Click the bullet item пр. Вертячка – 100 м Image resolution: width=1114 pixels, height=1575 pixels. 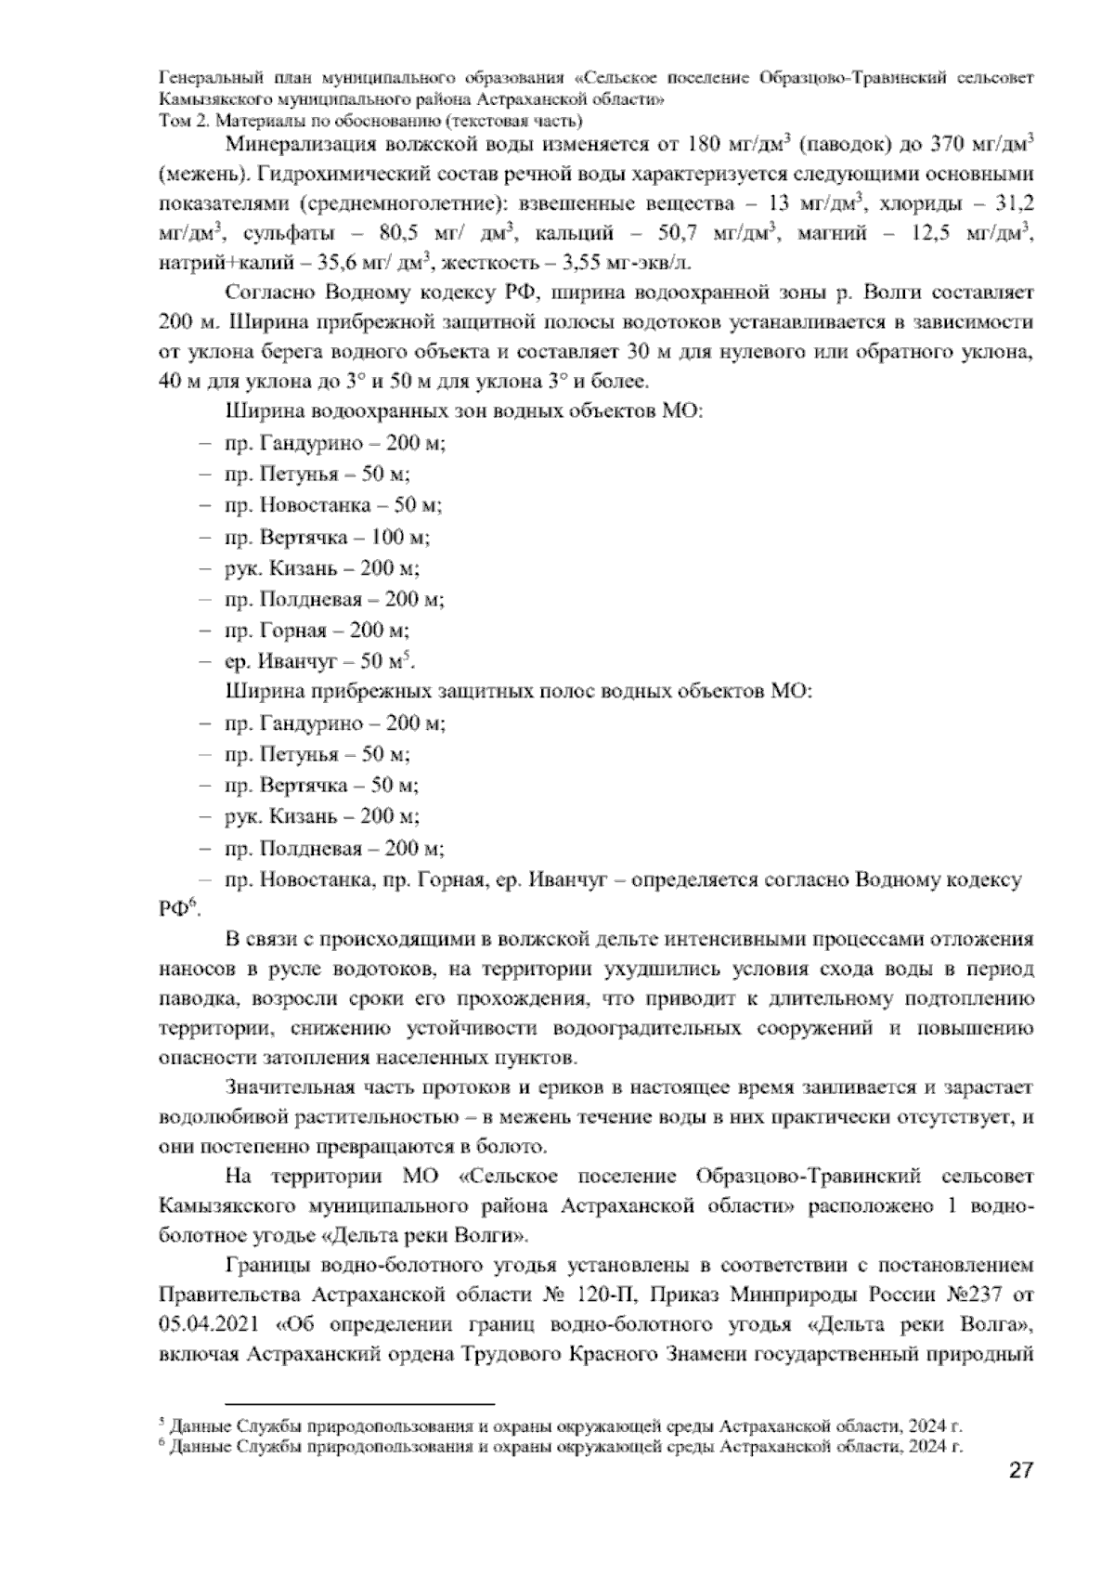coord(326,537)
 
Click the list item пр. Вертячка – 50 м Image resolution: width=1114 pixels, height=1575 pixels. coord(320,786)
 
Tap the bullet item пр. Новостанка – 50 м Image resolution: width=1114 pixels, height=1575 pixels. coord(332,505)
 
